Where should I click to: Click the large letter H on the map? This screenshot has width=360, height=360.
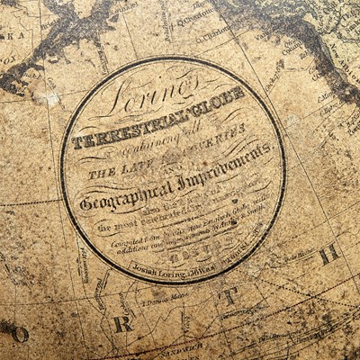pos(329,254)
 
